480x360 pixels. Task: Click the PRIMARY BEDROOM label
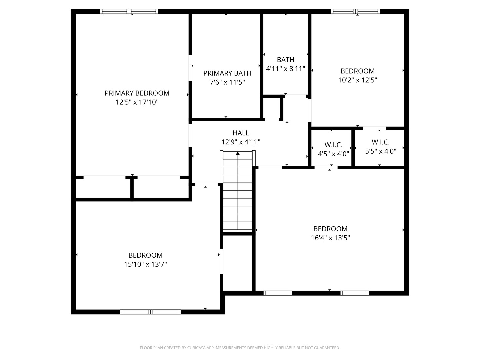click(137, 93)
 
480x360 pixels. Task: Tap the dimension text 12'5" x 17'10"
click(137, 102)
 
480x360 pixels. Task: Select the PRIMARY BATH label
click(227, 73)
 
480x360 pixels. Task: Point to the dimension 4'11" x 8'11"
click(286, 69)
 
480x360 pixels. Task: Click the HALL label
click(241, 133)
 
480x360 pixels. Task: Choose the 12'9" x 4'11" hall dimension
click(241, 142)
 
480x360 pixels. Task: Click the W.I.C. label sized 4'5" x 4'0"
click(333, 145)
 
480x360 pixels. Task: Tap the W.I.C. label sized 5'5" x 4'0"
click(380, 142)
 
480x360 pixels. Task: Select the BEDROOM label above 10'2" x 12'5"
click(357, 71)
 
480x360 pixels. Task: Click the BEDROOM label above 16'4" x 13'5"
click(330, 229)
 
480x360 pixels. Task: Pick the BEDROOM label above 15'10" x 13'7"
click(145, 255)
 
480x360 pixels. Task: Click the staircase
click(238, 193)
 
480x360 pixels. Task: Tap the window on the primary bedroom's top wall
click(129, 12)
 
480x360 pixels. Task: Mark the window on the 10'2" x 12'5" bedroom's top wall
click(355, 12)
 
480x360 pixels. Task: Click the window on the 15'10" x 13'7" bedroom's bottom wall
click(150, 312)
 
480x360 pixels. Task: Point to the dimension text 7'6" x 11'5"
click(227, 82)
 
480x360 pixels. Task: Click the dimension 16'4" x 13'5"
click(330, 238)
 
